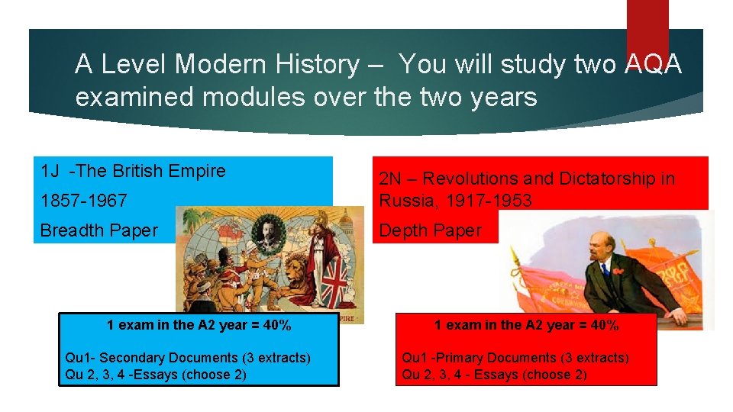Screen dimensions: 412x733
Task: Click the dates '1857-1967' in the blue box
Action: tap(83, 201)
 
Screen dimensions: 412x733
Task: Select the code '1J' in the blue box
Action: tap(50, 171)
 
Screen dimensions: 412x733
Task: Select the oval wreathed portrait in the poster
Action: tap(269, 237)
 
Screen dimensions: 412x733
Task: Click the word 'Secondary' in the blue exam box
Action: tap(131, 358)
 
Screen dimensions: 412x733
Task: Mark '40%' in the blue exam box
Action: tap(276, 326)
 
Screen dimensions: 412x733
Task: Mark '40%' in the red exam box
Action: tap(604, 326)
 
